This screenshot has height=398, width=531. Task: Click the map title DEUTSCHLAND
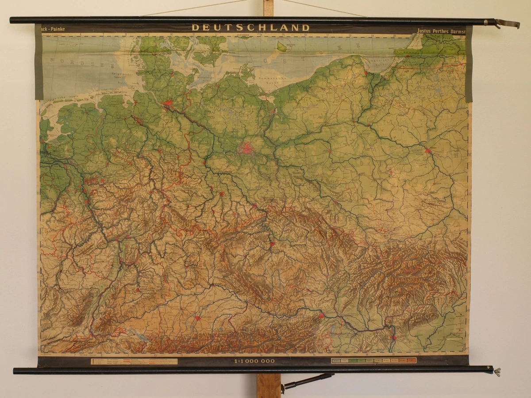click(250, 27)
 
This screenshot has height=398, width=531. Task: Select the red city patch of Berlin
click(246, 149)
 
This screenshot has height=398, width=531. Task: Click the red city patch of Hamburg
click(168, 105)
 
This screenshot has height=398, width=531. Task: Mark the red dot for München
click(197, 318)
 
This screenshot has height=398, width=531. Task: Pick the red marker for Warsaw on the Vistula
click(427, 151)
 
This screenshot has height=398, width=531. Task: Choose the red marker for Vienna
click(322, 315)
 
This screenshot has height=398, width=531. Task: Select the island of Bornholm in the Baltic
click(281, 46)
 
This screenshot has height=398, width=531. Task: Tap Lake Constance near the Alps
click(139, 336)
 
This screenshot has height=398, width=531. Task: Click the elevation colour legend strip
click(373, 360)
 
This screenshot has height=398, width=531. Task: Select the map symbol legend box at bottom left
click(134, 361)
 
